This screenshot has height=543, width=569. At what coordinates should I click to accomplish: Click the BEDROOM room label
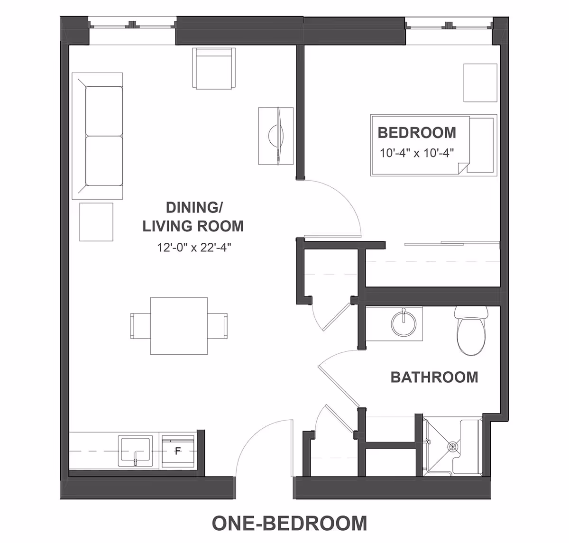(417, 132)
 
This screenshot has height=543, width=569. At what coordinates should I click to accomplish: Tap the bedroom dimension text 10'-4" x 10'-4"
(417, 153)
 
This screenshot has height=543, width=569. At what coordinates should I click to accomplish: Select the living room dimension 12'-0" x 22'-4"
(194, 247)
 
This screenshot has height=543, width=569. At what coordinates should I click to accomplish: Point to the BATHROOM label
(434, 377)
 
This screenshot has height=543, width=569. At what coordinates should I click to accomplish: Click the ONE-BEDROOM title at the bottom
(289, 523)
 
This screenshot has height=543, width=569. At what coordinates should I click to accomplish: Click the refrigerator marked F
(178, 451)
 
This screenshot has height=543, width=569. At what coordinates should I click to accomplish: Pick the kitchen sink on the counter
(136, 451)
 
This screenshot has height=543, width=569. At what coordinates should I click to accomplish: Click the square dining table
(179, 326)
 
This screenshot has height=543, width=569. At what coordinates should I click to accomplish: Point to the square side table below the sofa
(96, 222)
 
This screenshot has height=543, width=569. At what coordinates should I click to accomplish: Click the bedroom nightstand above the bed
(480, 83)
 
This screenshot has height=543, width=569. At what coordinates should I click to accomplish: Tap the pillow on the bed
(481, 145)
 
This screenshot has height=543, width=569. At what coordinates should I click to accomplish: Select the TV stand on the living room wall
(276, 136)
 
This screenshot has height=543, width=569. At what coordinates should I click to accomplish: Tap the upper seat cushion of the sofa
(104, 111)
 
